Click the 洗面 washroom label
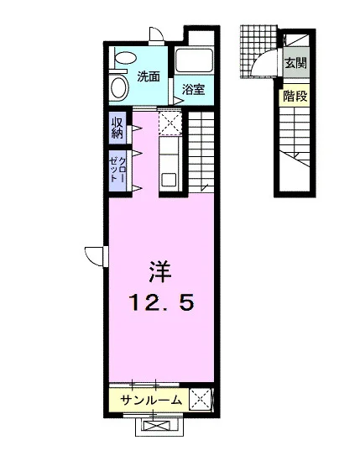[149, 76]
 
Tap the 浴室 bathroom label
[194, 90]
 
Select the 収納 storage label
[117, 128]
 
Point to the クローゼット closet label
[117, 170]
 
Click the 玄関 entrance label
[295, 63]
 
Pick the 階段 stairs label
[295, 97]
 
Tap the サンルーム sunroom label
[151, 401]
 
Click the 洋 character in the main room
[160, 272]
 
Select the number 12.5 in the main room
[162, 302]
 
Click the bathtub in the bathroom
[194, 60]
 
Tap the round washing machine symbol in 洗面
[119, 87]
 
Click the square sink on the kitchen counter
[169, 180]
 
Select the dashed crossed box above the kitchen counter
[170, 123]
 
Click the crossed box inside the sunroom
[201, 400]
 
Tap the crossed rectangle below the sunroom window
[159, 427]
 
